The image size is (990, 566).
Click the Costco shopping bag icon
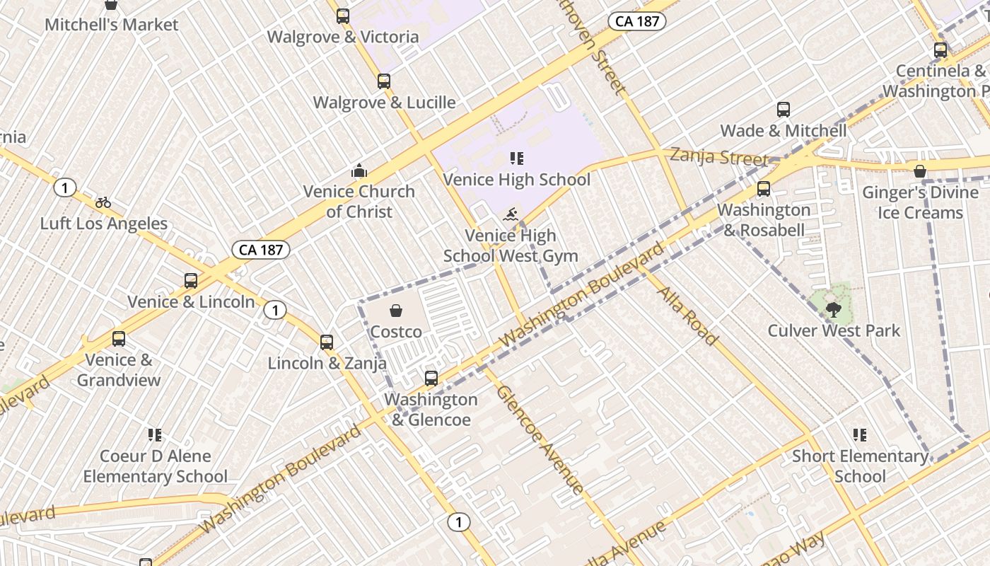[x=396, y=311]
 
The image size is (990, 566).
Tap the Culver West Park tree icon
[x=834, y=308]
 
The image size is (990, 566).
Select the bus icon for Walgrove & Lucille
[x=384, y=81]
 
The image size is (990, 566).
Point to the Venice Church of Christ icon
[x=359, y=171]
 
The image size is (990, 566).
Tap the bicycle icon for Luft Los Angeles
[x=103, y=202]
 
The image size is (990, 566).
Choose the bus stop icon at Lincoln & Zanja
[x=327, y=342]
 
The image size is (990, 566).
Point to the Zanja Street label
[x=718, y=156]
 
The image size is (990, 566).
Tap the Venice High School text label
[x=516, y=180]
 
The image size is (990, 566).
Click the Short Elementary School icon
[x=860, y=435]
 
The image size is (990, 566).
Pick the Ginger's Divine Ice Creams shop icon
[x=920, y=171]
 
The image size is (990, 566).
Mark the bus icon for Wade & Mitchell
[x=784, y=110]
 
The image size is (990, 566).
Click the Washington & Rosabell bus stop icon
[x=764, y=189]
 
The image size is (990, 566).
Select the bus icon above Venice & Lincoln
[x=191, y=281]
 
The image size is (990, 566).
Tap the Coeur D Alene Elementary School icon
[x=155, y=435]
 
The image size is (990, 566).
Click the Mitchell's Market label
[x=112, y=25]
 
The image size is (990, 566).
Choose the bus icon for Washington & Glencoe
[x=431, y=379]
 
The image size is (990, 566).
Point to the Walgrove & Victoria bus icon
[x=343, y=16]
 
